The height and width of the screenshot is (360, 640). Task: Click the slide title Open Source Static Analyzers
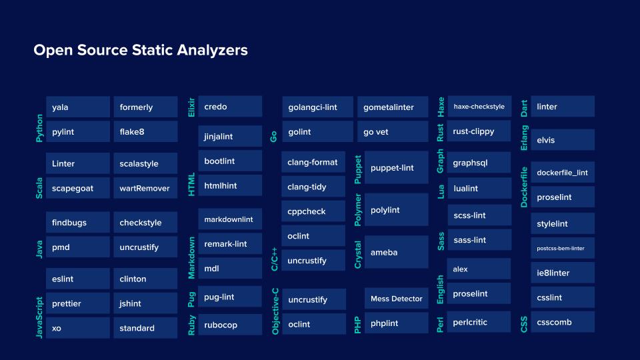tap(141, 51)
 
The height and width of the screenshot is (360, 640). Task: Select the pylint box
tap(77, 132)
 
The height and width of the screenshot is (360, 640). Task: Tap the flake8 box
tap(145, 132)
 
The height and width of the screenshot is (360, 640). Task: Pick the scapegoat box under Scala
tap(77, 189)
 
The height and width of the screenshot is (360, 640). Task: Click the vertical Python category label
tap(39, 128)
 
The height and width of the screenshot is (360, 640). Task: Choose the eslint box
tap(77, 279)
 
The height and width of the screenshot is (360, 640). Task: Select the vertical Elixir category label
tap(191, 107)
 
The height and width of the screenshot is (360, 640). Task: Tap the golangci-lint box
tap(317, 107)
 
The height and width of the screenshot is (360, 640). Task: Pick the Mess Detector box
tap(396, 299)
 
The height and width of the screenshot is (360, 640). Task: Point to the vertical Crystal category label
tap(358, 255)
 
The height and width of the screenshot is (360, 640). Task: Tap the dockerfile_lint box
tap(562, 173)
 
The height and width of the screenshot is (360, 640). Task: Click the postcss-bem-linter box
tap(562, 249)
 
